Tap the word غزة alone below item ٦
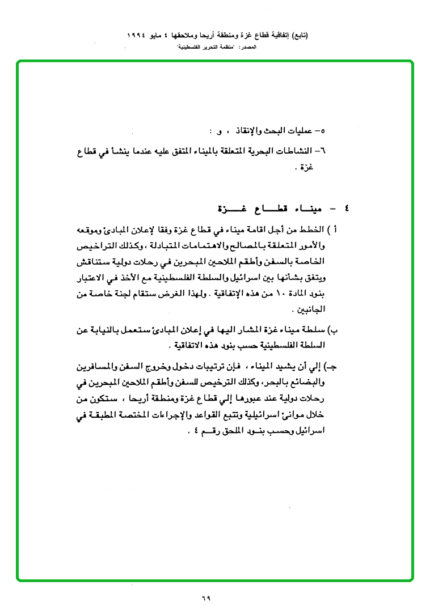tap(307, 168)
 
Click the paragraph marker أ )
tap(335, 231)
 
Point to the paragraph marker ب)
tap(334, 330)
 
